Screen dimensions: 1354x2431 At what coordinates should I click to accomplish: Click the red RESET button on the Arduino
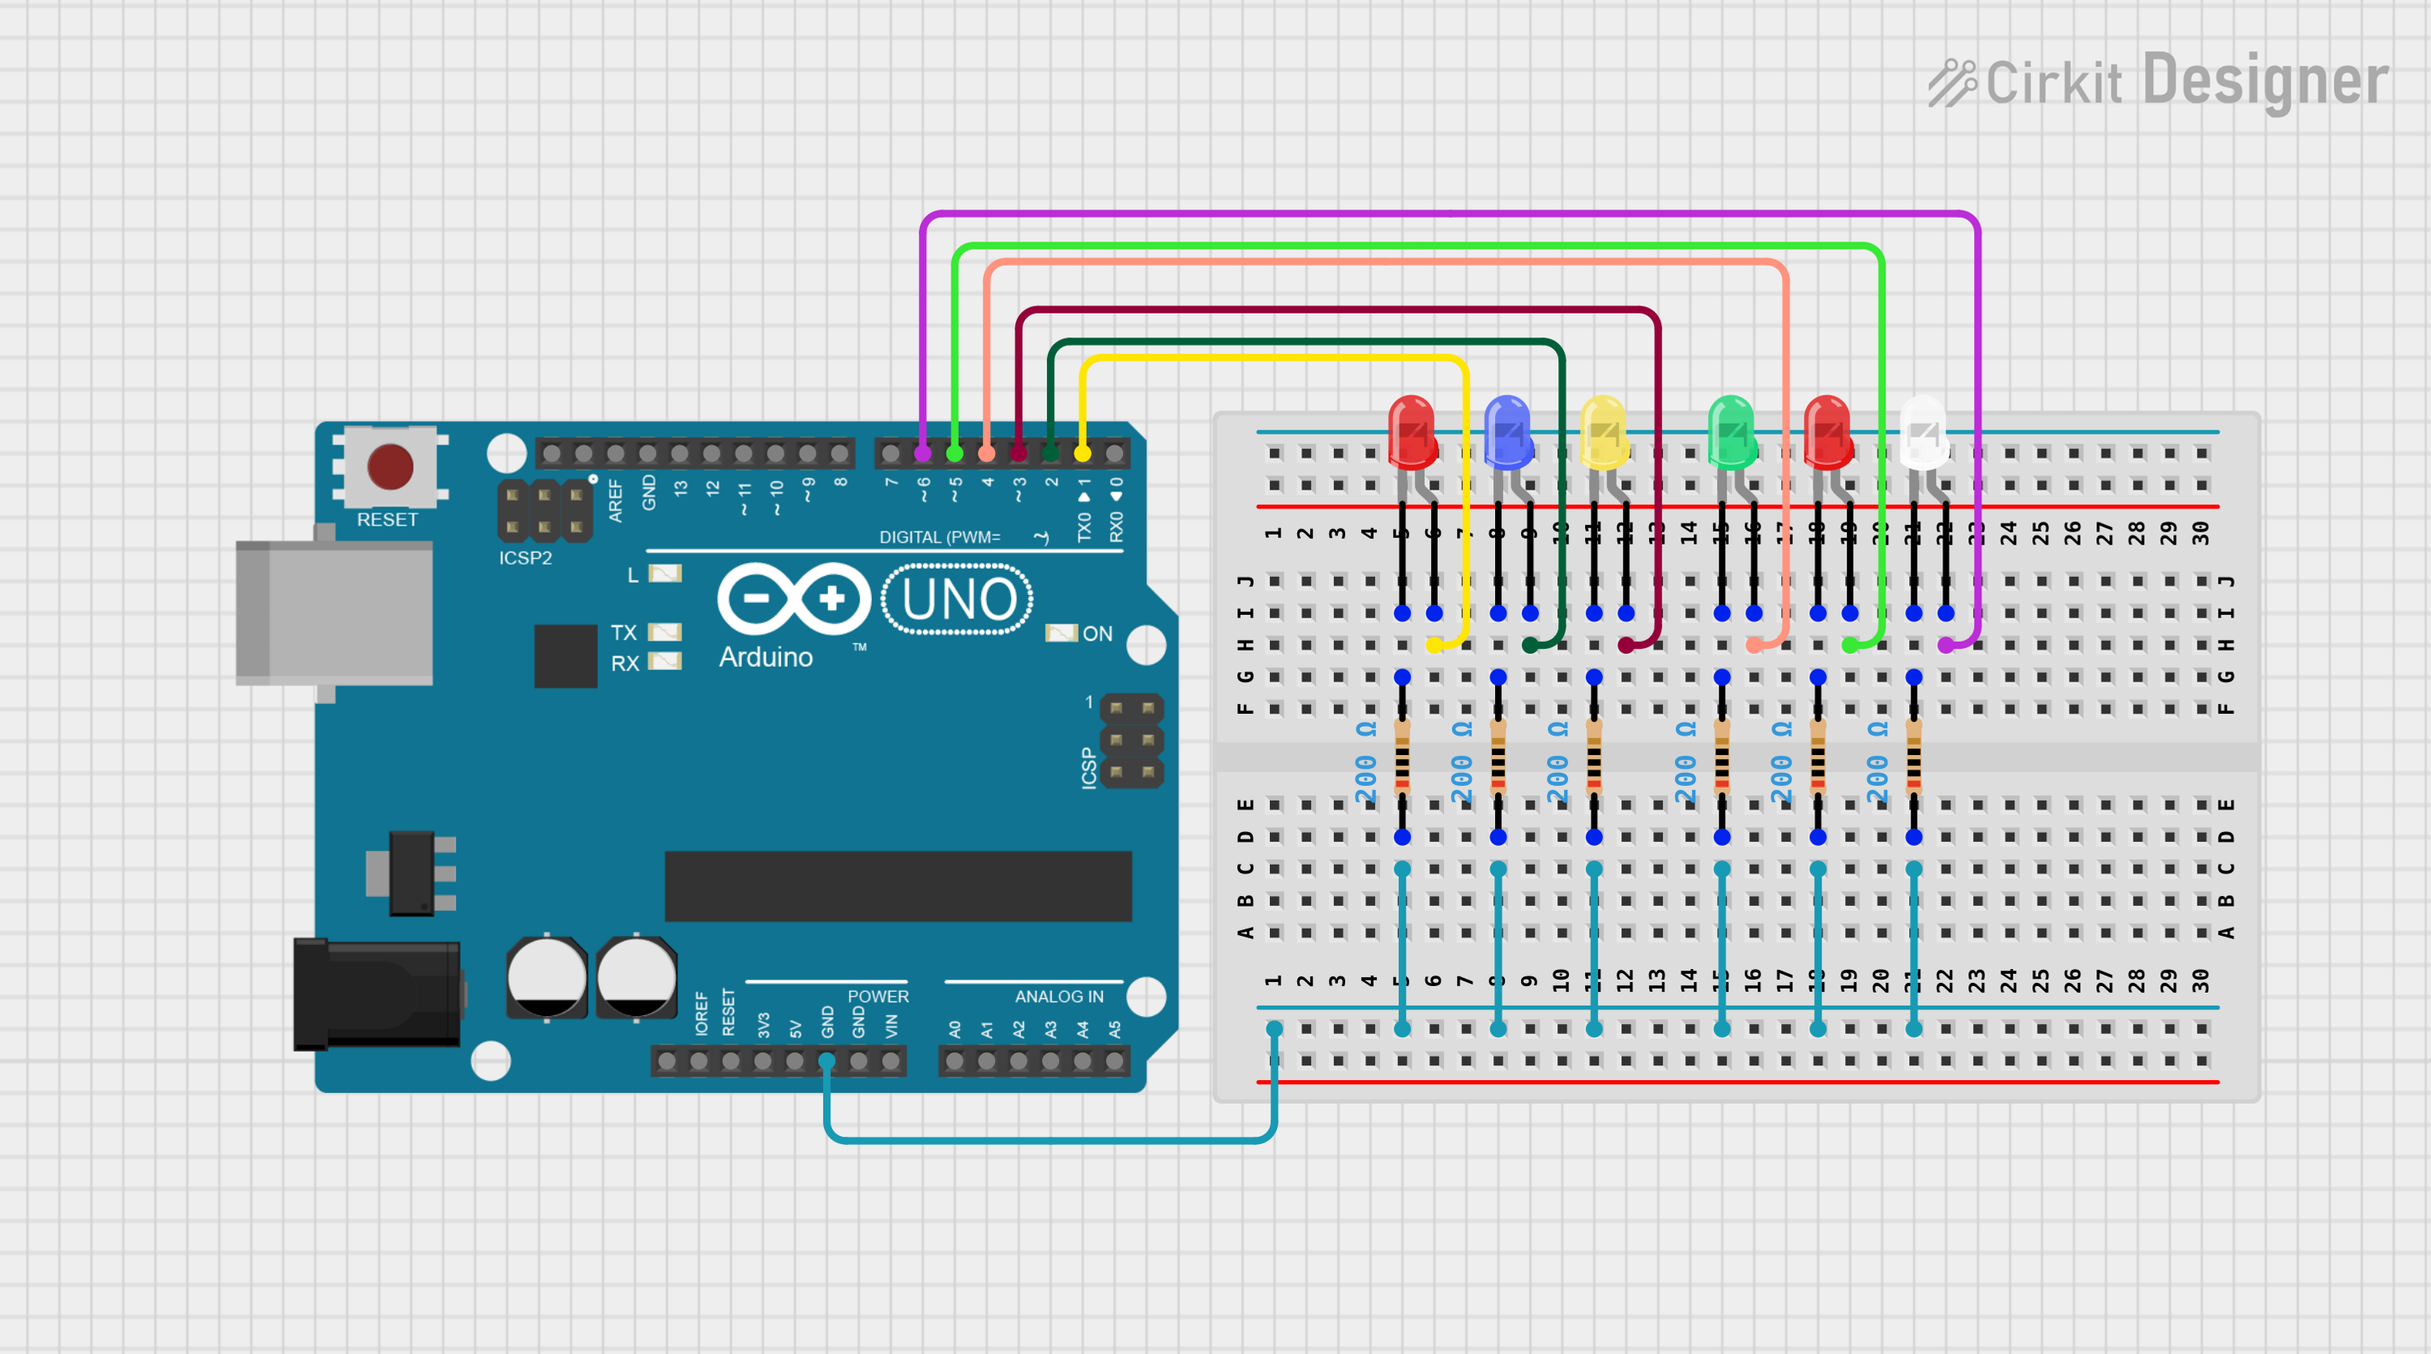coord(390,466)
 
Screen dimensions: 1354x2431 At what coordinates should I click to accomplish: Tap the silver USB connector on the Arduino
coord(334,613)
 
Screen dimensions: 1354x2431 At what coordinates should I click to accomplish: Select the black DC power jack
coord(377,993)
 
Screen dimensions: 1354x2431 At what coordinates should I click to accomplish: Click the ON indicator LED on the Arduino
coord(1061,633)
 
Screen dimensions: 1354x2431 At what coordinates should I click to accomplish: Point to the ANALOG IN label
coord(1059,997)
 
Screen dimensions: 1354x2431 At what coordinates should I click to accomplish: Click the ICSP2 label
coord(526,557)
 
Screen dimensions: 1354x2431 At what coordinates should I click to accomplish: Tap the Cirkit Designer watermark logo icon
coord(1951,83)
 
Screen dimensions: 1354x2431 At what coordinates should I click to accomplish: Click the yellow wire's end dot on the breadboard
coord(1434,645)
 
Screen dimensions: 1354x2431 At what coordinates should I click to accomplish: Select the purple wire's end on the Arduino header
coord(923,454)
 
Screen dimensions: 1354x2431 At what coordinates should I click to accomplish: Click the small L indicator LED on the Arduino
coord(665,574)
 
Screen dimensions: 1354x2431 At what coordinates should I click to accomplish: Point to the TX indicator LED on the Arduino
coord(665,632)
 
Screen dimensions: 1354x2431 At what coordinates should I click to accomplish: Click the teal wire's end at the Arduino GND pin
coord(827,1061)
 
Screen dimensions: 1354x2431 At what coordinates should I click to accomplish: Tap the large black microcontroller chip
coord(898,886)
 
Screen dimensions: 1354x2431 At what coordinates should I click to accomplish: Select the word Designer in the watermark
coord(2265,81)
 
